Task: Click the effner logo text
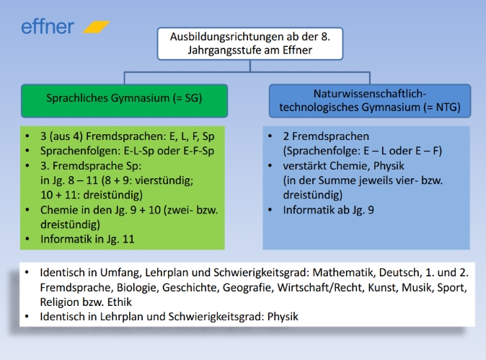[47, 27]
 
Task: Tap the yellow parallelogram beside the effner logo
[96, 27]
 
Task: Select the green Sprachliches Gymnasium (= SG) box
[124, 100]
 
